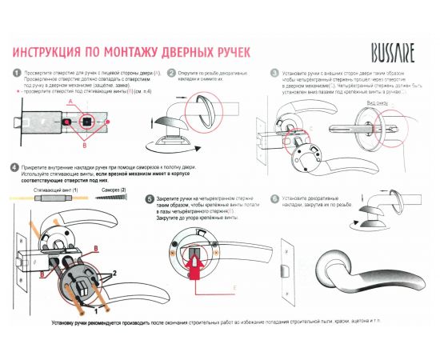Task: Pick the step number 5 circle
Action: (150, 198)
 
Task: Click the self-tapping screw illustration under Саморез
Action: (111, 196)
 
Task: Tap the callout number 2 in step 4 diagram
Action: (114, 273)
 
